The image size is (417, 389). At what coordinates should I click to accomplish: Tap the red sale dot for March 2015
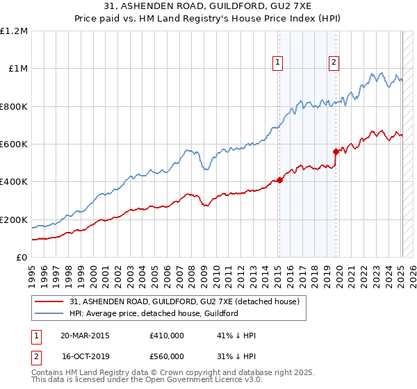[x=279, y=180]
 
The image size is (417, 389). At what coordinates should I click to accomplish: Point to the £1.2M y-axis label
[x=14, y=31]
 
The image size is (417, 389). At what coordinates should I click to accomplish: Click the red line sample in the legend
[x=49, y=301]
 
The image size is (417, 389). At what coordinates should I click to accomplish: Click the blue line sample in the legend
[x=49, y=313]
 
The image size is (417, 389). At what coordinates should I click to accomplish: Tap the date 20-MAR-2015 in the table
[x=85, y=336]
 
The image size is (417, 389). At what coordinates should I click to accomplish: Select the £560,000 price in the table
[x=166, y=356]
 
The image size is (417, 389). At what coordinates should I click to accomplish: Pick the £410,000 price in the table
[x=166, y=336]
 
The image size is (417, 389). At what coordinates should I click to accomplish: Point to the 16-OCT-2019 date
[x=85, y=356]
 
